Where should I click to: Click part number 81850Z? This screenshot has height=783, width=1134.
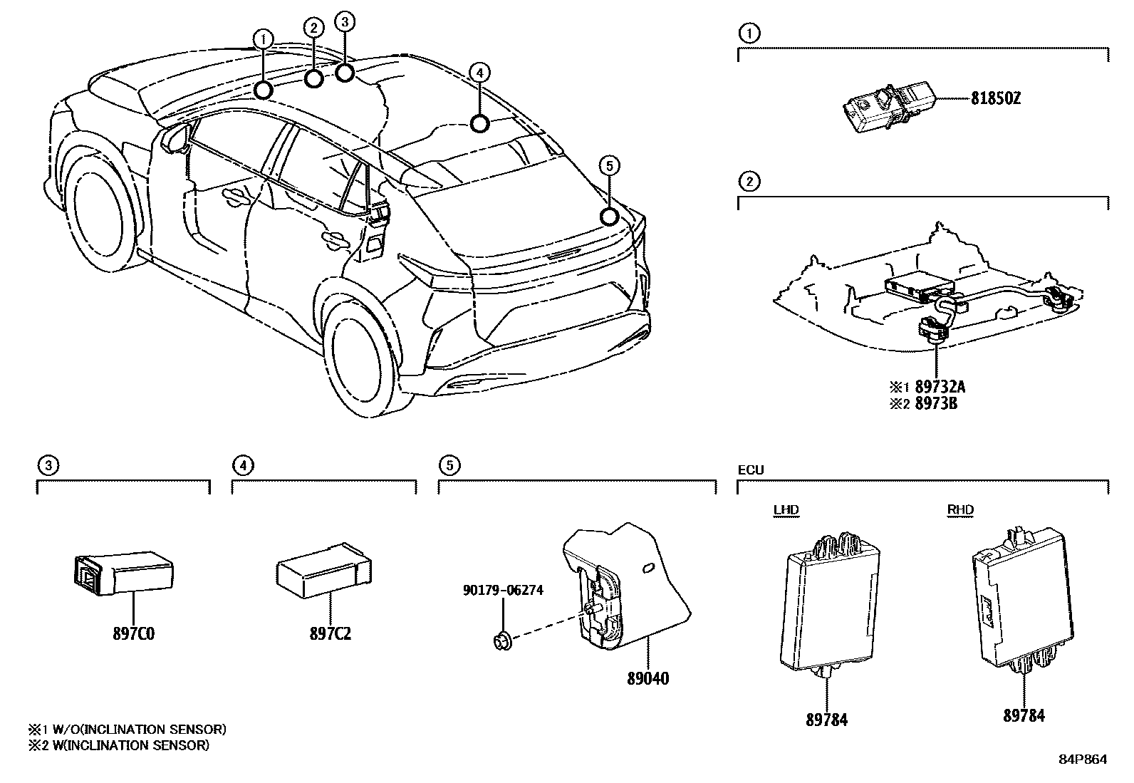click(995, 99)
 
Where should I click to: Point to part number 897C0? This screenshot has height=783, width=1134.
click(132, 633)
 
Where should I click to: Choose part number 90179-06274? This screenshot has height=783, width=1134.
click(502, 590)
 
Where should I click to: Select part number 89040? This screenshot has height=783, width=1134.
click(647, 678)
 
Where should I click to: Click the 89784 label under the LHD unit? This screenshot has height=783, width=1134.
click(826, 720)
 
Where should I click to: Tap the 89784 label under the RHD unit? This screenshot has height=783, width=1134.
click(1024, 715)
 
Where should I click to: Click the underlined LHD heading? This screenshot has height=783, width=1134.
click(786, 509)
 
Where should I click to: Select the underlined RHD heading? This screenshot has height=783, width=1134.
click(960, 509)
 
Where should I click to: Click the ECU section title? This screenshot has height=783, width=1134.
click(751, 470)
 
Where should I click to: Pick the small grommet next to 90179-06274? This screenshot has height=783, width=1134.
click(501, 641)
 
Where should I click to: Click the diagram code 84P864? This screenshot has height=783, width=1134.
click(1083, 759)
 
